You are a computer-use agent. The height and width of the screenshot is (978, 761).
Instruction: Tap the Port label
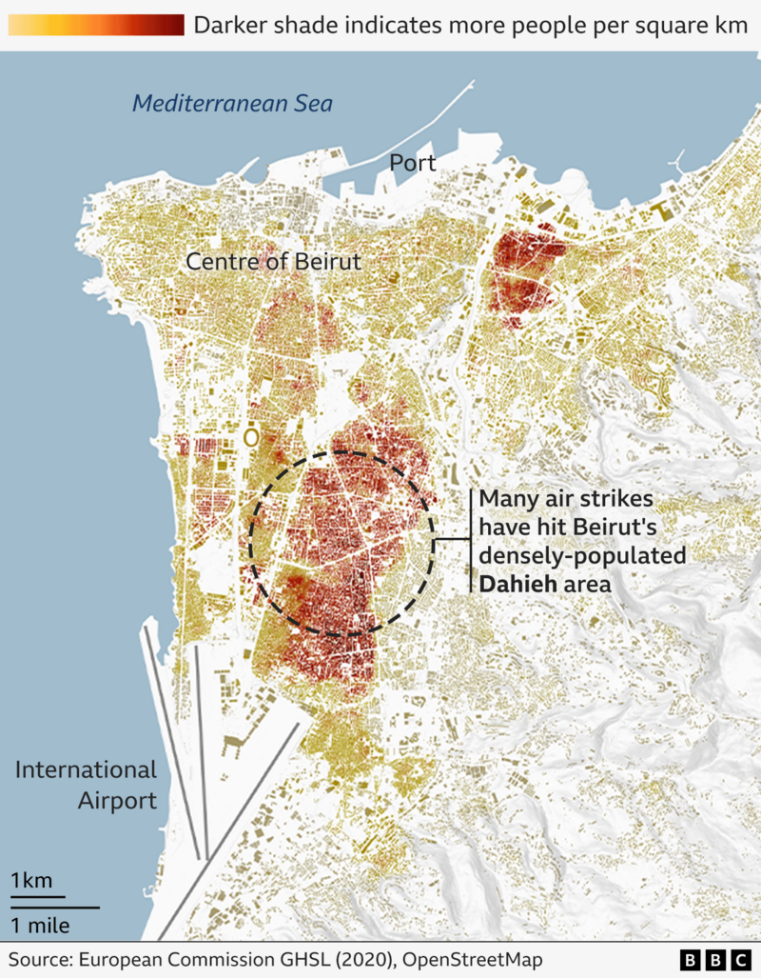(x=413, y=163)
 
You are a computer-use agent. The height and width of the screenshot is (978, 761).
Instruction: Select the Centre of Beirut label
(x=274, y=261)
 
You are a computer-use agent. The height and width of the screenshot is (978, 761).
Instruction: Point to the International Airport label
(x=86, y=785)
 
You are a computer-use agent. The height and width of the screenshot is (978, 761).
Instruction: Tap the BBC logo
(x=714, y=958)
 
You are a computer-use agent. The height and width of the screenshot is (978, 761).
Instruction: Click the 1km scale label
(x=31, y=880)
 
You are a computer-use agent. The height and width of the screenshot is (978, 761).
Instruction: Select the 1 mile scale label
(x=41, y=924)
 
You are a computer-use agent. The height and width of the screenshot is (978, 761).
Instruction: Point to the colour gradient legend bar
(x=95, y=25)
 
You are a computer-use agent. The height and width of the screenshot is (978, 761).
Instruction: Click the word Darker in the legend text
(x=228, y=25)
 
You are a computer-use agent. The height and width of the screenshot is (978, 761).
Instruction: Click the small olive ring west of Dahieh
(x=251, y=437)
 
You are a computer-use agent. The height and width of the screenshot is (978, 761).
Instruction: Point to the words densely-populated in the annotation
(x=582, y=555)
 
